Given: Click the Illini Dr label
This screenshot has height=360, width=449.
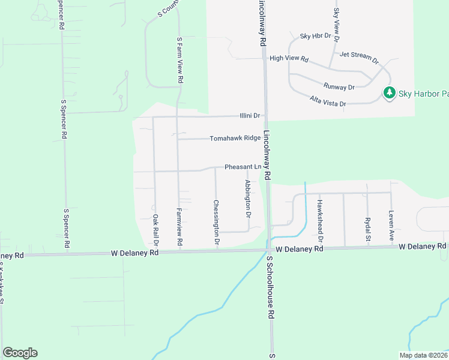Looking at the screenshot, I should point(250,116).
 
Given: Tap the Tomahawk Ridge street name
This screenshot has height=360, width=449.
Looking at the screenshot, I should point(235,139).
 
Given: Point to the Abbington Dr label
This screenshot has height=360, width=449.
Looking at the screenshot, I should point(247,199).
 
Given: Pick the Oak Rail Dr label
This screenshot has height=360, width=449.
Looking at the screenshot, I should point(155,231).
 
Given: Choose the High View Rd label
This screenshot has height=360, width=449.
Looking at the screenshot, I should point(289,59).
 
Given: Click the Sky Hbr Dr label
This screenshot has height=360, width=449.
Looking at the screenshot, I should point(316,36).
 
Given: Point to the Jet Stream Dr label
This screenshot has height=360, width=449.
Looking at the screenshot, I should point(359,58).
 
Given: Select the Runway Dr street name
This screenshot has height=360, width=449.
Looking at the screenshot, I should point(339,87).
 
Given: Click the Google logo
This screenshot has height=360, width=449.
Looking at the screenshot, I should point(20,353).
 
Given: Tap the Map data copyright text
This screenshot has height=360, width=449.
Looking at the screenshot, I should point(423,355).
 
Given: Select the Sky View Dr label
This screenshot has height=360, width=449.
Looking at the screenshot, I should point(336,21).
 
